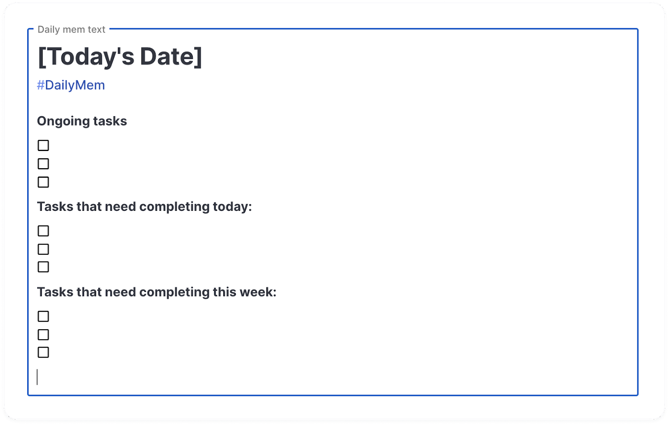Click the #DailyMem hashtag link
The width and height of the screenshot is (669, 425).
point(71,85)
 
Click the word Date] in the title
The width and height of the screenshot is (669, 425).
point(171,56)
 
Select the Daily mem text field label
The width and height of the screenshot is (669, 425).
point(71,30)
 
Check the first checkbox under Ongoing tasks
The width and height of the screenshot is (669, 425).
point(43,146)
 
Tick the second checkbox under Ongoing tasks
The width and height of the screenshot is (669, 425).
point(43,164)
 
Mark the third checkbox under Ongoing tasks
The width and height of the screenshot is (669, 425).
point(43,182)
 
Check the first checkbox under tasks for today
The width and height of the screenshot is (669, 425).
point(43,231)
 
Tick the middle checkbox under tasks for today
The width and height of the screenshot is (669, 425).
point(43,249)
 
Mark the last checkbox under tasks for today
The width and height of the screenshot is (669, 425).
point(43,267)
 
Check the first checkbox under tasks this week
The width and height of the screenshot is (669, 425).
point(43,316)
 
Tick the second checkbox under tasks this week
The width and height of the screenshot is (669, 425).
point(43,335)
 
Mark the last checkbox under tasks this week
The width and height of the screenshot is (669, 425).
point(43,352)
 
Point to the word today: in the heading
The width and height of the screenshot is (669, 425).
point(232,207)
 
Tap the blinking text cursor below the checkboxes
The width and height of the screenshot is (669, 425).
point(37,377)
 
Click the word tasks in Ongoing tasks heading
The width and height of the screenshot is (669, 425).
point(110,121)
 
